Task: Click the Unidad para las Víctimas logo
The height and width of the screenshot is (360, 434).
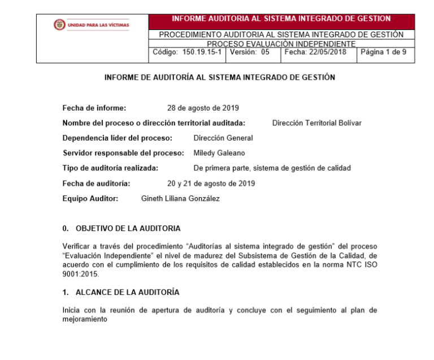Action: [x=91, y=25]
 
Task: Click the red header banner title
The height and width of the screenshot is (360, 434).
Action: [x=281, y=19]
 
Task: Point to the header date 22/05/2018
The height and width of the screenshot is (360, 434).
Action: [x=327, y=52]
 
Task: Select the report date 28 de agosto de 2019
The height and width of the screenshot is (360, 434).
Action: [x=203, y=108]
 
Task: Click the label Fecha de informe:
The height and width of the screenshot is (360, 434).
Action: [x=94, y=108]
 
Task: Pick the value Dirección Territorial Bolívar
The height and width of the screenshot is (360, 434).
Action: [x=316, y=123]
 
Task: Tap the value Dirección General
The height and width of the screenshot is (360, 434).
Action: [x=223, y=138]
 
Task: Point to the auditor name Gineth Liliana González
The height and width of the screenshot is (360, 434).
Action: [x=180, y=198]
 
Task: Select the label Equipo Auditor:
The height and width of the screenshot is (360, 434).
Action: [x=90, y=198]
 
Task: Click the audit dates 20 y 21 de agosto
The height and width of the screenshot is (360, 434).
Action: [x=211, y=183]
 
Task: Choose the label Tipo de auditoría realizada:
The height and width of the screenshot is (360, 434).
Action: [x=110, y=168]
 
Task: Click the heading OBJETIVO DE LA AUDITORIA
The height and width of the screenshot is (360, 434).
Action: [x=128, y=228]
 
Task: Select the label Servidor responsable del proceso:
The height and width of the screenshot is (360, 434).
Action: [x=123, y=153]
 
